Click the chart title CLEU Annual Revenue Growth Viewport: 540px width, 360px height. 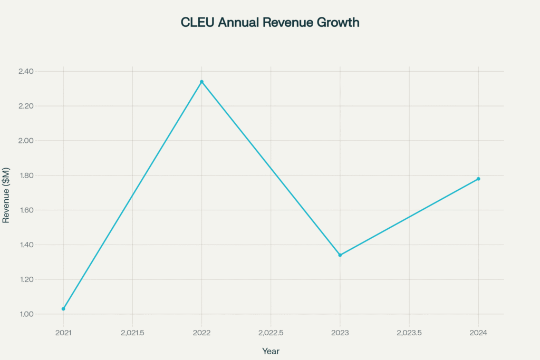[x=270, y=23]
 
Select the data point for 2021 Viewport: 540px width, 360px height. [x=63, y=309]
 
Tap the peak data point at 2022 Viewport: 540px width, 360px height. [x=201, y=82]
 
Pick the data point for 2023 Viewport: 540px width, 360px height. [x=340, y=255]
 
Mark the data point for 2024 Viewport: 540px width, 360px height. [x=478, y=179]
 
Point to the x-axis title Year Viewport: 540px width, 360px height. [x=271, y=351]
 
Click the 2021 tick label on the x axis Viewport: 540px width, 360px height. [x=63, y=333]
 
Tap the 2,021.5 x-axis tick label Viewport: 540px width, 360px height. [x=132, y=333]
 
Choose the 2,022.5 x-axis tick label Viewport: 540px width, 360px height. [x=271, y=333]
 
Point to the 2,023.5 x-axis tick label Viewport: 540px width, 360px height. [x=409, y=333]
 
